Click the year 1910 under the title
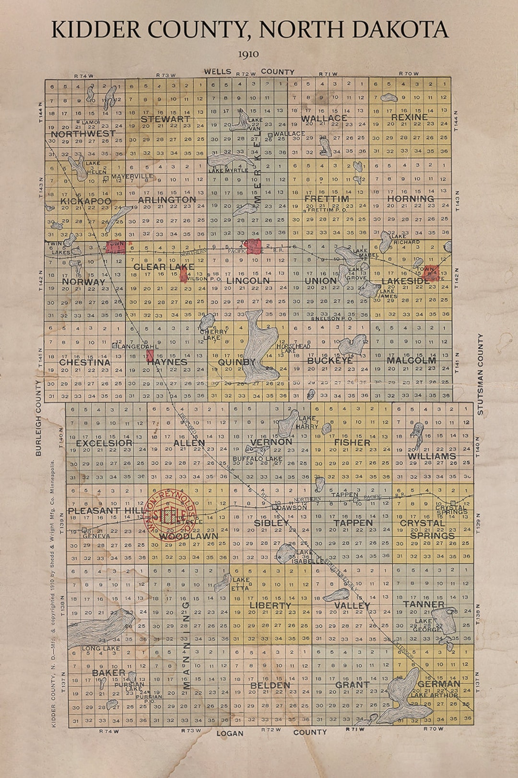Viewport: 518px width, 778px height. coord(248,54)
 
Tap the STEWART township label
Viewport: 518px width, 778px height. coord(165,119)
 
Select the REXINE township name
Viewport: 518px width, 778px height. coord(409,117)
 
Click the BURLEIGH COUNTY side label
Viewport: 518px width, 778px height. coord(38,418)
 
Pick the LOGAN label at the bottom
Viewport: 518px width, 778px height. coord(230,733)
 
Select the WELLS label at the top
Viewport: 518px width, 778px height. coord(217,71)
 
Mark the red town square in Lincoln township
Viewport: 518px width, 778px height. coord(253,246)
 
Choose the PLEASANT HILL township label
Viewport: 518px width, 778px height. coord(107,511)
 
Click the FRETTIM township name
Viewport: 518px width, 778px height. coord(327,199)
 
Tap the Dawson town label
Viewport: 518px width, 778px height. coord(292,507)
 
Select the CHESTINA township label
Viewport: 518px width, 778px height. coord(84,362)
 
